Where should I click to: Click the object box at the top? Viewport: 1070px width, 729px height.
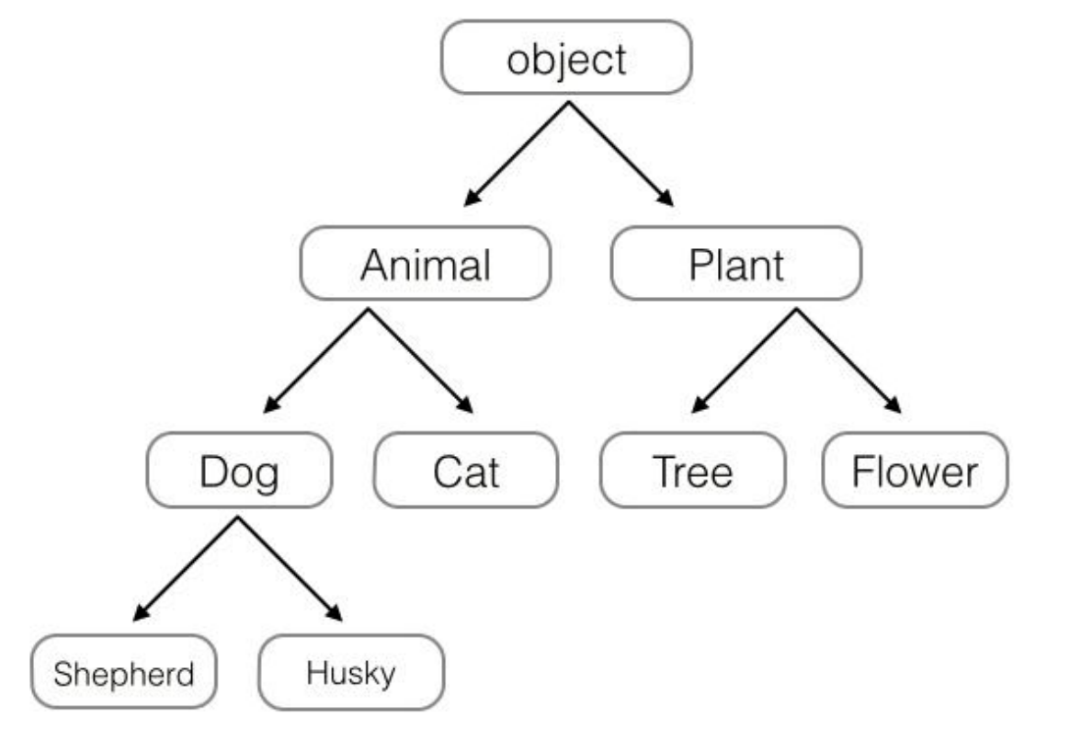pos(565,57)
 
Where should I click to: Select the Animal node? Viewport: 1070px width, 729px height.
pos(425,264)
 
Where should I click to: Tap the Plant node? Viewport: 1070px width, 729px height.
pos(735,264)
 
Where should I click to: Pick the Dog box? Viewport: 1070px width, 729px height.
pos(239,472)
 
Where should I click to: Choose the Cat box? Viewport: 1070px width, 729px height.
pos(466,472)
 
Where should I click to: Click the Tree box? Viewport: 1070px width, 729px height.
pos(692,472)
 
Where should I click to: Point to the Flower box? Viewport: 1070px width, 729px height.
pos(915,472)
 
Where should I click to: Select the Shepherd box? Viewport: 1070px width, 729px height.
pos(124,675)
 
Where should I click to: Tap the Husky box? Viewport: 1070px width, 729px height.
pos(351,675)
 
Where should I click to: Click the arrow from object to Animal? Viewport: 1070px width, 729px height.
pos(517,152)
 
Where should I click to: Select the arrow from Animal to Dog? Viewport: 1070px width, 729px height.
pos(316,359)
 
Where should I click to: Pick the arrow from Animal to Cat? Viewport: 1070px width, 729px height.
pos(419,359)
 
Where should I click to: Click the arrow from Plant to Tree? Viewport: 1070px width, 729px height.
pos(745,359)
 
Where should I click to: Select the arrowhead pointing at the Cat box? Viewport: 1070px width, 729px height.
pos(465,405)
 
